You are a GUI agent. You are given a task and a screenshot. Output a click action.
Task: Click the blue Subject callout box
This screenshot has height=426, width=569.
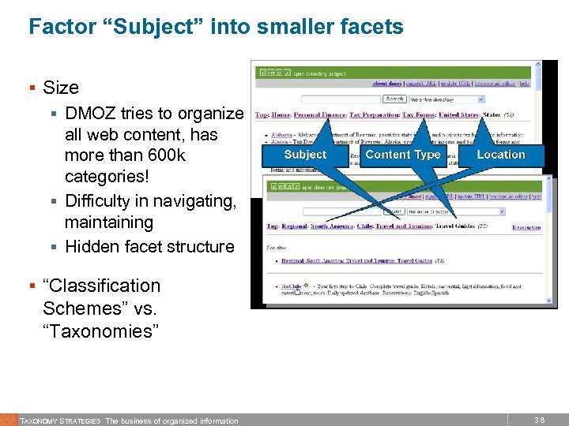(305, 155)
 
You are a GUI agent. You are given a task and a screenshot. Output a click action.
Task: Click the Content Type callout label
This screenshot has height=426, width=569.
(403, 155)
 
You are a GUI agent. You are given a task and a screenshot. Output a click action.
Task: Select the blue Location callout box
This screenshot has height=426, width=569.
(500, 155)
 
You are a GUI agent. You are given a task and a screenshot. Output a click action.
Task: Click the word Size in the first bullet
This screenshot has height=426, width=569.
(61, 88)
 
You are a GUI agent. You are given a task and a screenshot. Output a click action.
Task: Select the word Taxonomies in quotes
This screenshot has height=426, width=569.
(101, 331)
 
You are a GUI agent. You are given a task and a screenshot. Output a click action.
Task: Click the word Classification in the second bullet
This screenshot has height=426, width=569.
(101, 286)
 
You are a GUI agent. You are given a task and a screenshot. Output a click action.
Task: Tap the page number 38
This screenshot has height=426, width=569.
(540, 420)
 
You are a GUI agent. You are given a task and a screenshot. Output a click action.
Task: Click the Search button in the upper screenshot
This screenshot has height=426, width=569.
(394, 99)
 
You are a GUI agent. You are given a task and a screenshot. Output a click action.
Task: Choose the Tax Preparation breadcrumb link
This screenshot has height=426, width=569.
(374, 115)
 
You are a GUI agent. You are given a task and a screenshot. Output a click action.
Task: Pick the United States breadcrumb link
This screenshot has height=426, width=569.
(458, 115)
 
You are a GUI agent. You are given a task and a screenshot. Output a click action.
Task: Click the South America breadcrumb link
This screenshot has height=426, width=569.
(330, 227)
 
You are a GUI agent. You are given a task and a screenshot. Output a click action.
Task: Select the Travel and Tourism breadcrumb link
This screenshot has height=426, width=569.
(395, 227)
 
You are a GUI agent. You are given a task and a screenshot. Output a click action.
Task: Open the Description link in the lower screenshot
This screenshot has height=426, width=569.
(526, 227)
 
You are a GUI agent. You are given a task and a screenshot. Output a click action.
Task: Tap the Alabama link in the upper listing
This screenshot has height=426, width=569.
(282, 135)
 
